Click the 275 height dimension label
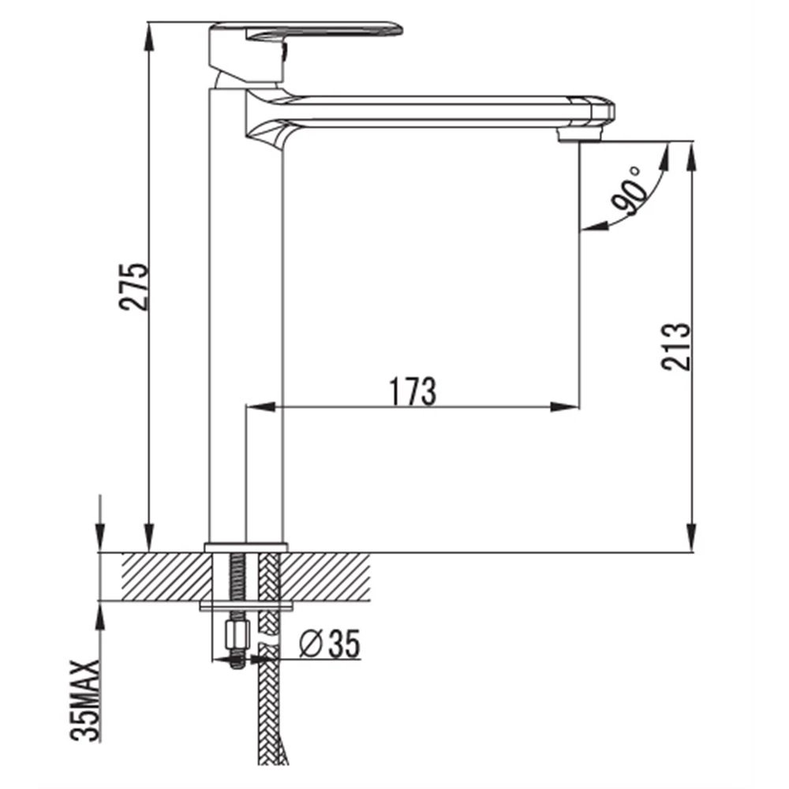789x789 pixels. tap(134, 286)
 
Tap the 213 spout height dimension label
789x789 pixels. tap(676, 346)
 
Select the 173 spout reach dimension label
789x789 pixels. tap(413, 391)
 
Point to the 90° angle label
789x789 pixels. tap(627, 191)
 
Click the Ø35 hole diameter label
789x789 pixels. tap(330, 643)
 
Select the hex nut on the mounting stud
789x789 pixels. tap(238, 636)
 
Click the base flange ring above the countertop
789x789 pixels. tap(246, 548)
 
